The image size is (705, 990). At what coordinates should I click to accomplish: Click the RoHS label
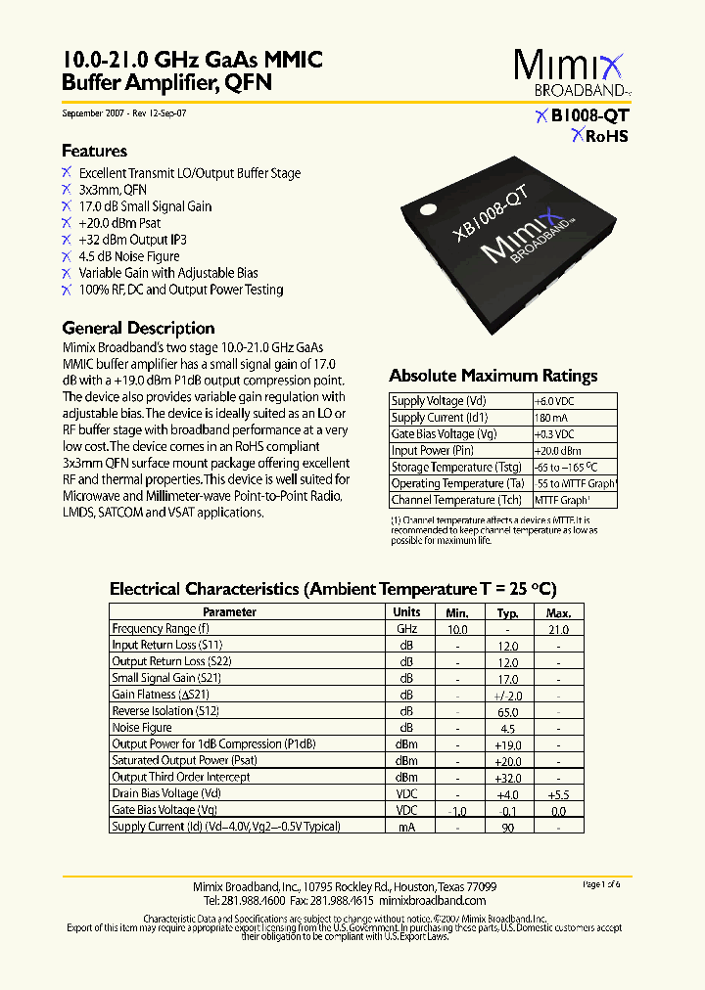[599, 136]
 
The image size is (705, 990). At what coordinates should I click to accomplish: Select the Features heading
[94, 151]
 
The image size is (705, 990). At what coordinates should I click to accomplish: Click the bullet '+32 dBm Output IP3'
[132, 240]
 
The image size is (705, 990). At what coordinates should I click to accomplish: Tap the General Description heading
[138, 328]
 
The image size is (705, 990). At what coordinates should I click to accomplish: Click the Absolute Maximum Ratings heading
[493, 376]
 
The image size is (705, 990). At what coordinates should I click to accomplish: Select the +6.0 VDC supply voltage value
[555, 401]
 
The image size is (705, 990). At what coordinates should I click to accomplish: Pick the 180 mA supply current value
[549, 418]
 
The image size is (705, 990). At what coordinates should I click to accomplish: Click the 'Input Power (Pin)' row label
[432, 451]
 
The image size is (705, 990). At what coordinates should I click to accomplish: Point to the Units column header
[406, 612]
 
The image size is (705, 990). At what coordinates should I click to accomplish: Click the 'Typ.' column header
[507, 612]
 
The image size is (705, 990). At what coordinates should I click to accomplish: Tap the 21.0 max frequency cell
[558, 629]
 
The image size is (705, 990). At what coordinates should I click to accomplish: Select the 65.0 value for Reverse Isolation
[507, 711]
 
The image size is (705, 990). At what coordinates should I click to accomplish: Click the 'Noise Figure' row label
[142, 728]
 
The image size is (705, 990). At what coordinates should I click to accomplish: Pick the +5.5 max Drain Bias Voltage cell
[558, 793]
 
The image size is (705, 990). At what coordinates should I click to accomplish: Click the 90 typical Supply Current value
[507, 827]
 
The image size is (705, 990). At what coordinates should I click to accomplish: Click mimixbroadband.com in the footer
[432, 900]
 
